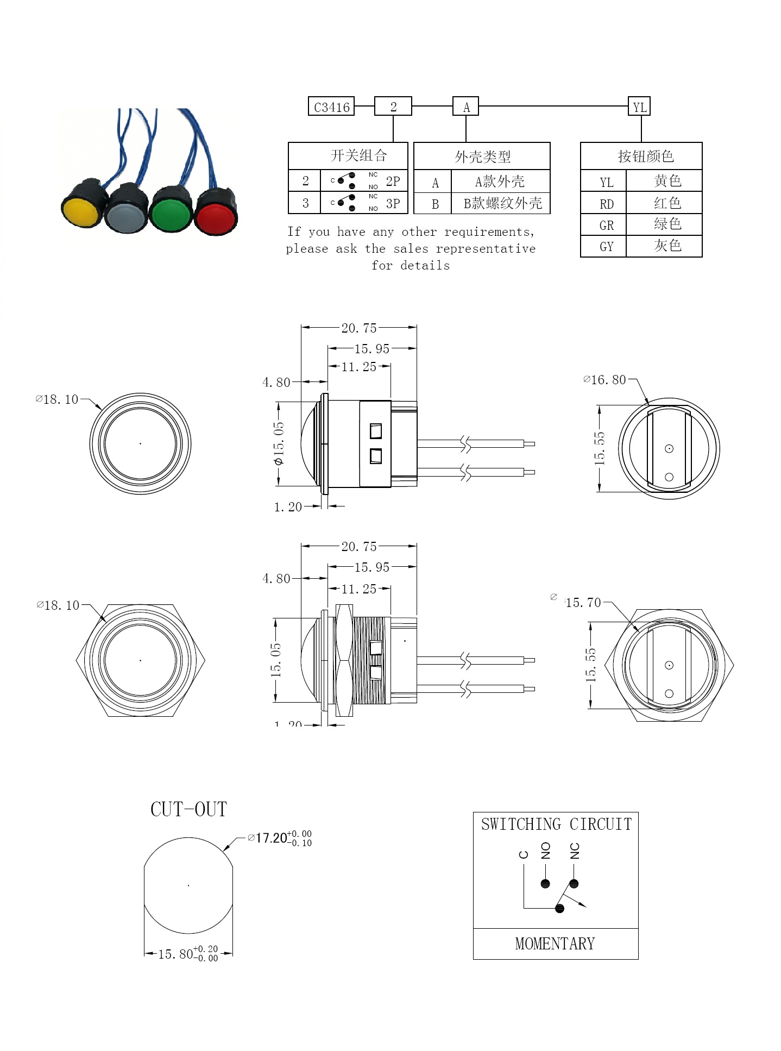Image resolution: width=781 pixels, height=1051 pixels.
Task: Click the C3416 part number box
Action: [x=331, y=107]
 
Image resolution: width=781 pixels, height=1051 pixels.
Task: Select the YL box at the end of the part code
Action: [x=639, y=107]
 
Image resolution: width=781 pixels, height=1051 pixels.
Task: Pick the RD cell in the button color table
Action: [x=606, y=204]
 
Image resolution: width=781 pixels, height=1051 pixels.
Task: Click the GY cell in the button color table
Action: [x=606, y=246]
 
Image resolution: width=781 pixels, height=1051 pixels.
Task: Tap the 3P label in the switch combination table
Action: [x=393, y=204]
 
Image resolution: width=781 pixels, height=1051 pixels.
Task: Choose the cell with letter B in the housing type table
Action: [x=434, y=204]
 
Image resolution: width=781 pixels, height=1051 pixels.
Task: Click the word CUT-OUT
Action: [x=188, y=809]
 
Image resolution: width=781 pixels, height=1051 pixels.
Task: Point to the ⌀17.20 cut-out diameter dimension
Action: [x=280, y=838]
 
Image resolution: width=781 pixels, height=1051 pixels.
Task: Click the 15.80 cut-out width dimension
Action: [x=188, y=954]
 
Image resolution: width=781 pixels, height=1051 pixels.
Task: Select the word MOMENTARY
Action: [x=555, y=943]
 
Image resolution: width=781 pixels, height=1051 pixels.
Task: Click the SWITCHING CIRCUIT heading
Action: [x=556, y=824]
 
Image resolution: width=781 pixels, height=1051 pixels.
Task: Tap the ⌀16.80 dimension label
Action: [x=604, y=380]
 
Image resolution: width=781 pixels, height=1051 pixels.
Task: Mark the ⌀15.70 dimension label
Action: [x=576, y=602]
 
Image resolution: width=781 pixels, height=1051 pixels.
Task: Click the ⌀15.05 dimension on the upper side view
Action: [x=278, y=443]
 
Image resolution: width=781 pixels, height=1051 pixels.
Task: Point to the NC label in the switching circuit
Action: [x=575, y=851]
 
